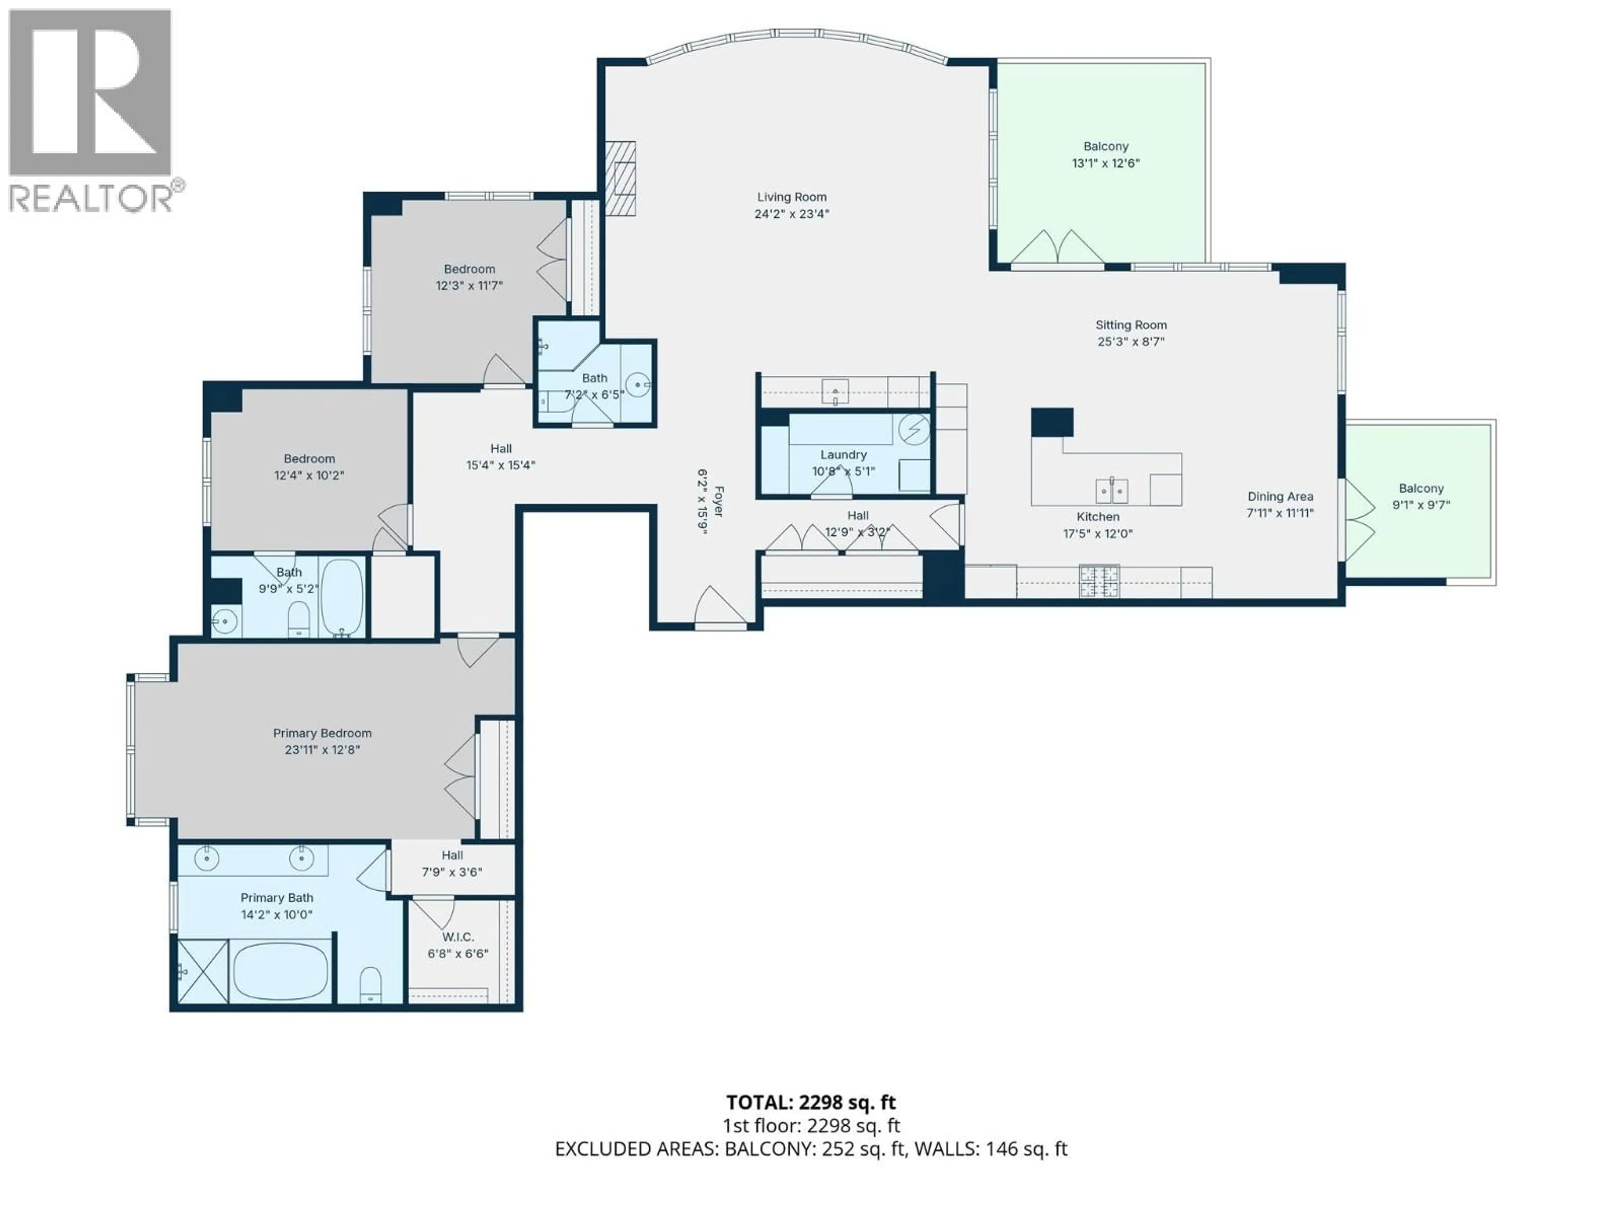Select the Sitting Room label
[1131, 325]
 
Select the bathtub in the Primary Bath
[281, 971]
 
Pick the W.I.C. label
[457, 937]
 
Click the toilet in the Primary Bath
[371, 984]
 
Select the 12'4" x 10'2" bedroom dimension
[309, 475]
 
